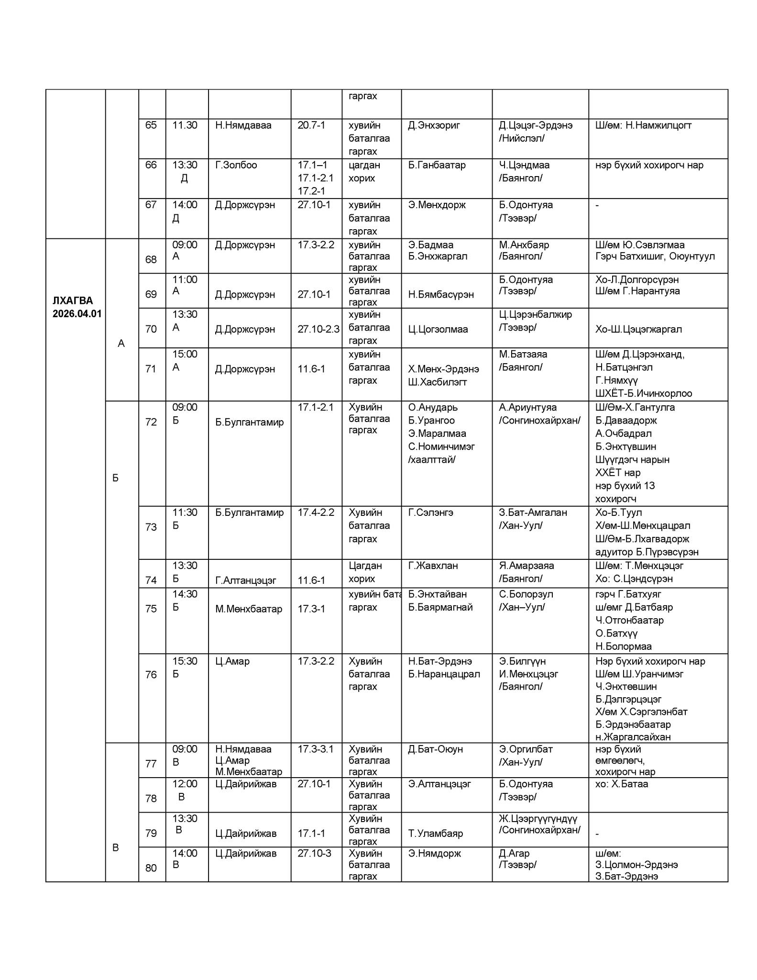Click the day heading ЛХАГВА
point(73,301)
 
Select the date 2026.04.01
point(77,314)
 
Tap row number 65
point(151,125)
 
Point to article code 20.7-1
point(311,125)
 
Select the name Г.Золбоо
point(236,165)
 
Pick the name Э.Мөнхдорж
point(437,205)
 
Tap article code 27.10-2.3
point(318,329)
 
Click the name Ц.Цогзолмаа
point(438,329)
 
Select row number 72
point(151,422)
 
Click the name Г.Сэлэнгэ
point(430,512)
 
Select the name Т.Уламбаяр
point(435,833)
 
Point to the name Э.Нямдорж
point(434,853)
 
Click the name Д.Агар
point(514,853)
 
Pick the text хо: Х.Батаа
point(622,784)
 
